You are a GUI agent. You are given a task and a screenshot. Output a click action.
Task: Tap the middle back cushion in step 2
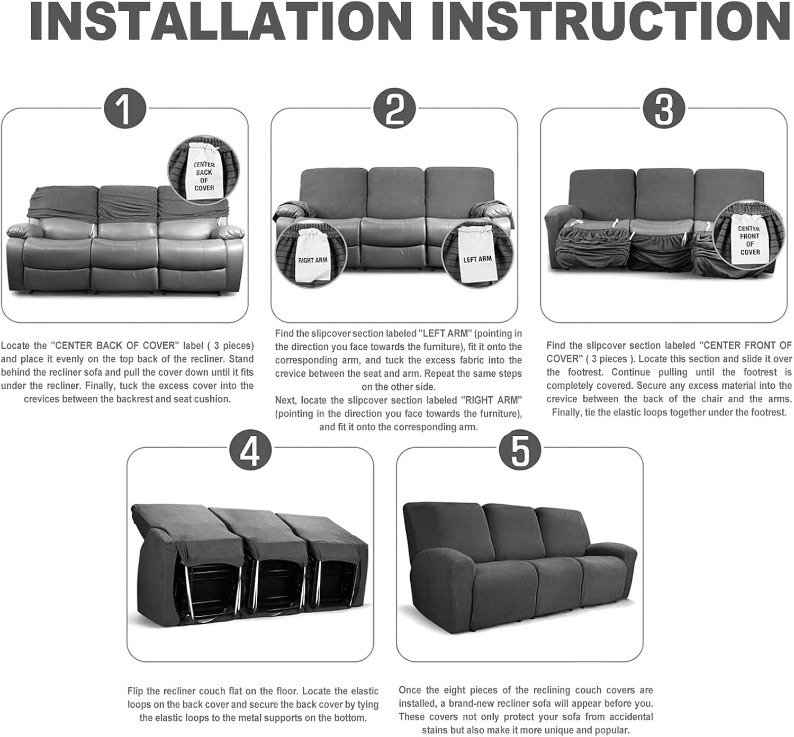[x=396, y=192]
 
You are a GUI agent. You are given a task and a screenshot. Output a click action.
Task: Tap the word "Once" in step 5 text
[x=410, y=690]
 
